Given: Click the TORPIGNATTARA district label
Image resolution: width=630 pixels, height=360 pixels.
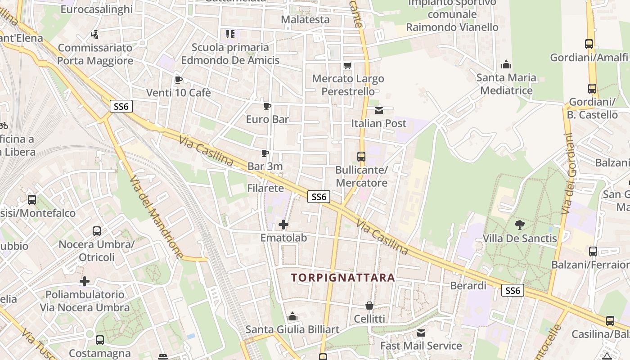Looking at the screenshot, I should pos(343,278).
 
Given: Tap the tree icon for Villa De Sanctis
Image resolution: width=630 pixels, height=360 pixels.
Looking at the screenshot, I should pos(520,225).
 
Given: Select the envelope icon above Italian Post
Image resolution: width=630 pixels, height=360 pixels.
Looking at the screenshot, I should pos(379,110).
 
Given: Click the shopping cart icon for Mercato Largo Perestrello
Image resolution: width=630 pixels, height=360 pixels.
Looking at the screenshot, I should pos(347,66).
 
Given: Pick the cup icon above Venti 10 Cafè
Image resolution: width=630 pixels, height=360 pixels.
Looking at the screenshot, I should pos(178,80).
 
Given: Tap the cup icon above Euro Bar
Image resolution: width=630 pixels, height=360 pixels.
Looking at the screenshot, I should pos(267,107).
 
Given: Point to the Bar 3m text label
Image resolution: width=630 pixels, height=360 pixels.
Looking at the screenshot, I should pos(265,166).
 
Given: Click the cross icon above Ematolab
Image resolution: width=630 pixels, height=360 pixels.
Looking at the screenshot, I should pos(283,224).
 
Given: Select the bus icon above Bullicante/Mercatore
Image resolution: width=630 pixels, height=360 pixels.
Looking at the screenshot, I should pos(361,157).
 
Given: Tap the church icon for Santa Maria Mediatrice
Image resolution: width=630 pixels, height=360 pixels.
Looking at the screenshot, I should pos(506,65).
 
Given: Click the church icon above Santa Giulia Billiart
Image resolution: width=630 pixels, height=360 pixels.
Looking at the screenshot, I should pos(292,317).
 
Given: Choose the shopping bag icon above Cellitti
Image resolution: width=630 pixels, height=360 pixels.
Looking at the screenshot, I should pos(369,306).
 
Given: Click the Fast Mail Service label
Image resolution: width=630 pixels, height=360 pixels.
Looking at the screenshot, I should pos(421,346).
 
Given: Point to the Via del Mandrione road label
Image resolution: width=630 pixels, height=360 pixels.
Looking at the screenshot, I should pos(156,217).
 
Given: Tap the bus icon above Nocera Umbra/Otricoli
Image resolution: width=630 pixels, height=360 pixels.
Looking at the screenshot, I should pos(97,231).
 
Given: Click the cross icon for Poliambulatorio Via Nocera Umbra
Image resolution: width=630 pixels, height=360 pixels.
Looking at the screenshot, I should pos(85,282).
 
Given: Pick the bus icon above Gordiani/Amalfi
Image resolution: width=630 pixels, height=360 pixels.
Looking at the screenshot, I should pos(589,44).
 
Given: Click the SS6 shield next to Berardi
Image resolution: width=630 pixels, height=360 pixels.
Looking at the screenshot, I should pos(513,291).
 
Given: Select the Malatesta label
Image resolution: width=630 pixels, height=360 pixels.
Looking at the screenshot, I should pos(305,20).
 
